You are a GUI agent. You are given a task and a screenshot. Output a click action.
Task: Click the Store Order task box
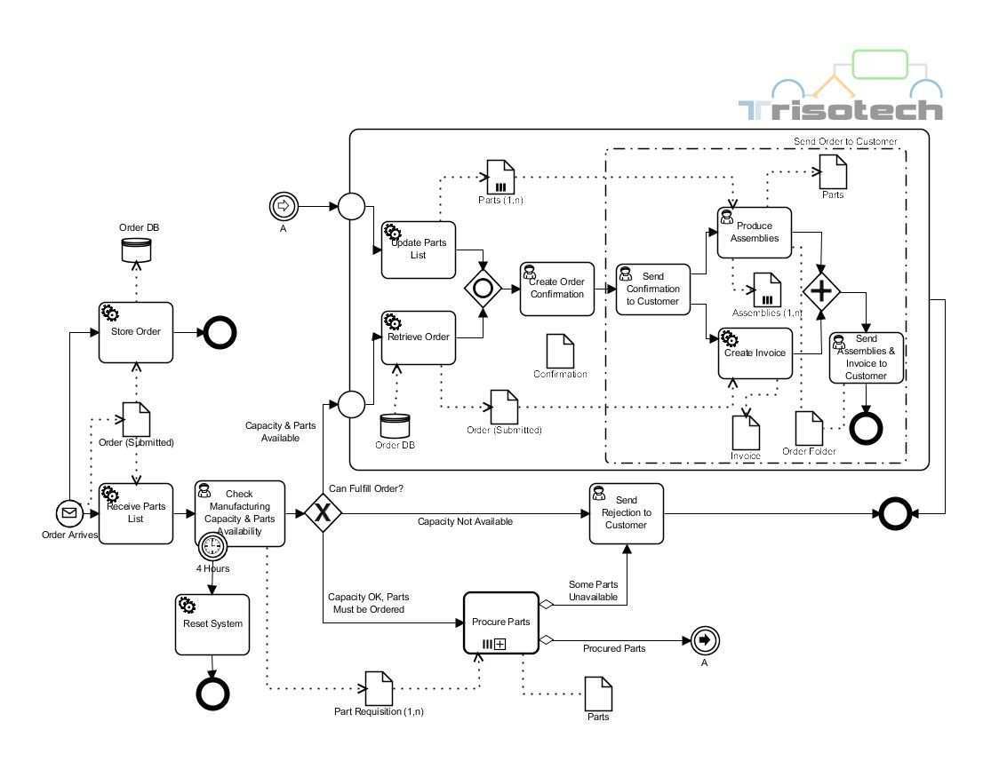pos(135,332)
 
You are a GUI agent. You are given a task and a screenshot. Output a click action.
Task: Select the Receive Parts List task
pos(135,513)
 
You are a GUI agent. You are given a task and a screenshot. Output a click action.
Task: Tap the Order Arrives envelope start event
pos(69,513)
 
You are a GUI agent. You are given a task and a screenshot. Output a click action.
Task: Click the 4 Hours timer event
pos(213,545)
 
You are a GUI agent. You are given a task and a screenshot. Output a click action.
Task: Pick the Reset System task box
pos(212,623)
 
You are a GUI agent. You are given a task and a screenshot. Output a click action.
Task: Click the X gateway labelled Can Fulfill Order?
pos(322,513)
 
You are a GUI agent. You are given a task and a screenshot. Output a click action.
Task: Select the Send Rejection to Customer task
pos(626,512)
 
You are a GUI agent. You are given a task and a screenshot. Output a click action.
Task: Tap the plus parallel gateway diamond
pos(823,290)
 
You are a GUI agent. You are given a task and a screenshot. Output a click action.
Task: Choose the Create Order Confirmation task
pos(557,289)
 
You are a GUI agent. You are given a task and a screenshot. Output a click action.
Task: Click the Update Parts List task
pos(419,250)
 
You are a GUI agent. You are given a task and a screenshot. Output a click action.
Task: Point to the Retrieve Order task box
pos(419,337)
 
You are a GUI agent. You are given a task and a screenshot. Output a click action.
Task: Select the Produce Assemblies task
pos(754,232)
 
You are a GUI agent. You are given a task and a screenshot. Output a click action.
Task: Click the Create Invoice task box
pos(754,353)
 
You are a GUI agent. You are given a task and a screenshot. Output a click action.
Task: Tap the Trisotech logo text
pos(841,110)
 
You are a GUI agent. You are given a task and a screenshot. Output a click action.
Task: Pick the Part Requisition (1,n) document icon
pos(380,686)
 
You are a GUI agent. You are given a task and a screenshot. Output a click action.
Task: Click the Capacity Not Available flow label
pos(465,522)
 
